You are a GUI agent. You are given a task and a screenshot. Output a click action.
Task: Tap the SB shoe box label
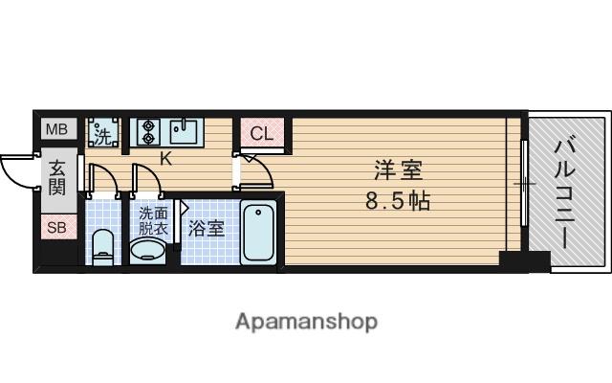tap(56, 228)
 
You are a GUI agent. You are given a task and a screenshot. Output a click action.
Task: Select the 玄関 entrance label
tap(57, 177)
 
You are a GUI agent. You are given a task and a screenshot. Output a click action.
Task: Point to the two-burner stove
tap(148, 130)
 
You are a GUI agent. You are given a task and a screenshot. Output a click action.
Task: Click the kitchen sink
tap(185, 130)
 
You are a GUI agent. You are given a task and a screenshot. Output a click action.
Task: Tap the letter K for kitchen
tap(165, 158)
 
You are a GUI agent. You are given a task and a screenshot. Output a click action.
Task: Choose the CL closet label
tap(262, 133)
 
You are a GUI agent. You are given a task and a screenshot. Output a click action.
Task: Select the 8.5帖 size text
tap(398, 201)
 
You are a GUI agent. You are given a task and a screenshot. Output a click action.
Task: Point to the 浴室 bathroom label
tap(206, 229)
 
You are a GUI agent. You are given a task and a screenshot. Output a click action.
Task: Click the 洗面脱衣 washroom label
tap(153, 221)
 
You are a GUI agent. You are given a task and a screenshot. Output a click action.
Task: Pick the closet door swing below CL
tap(255, 173)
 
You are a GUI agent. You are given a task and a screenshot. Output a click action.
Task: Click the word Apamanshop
tap(306, 321)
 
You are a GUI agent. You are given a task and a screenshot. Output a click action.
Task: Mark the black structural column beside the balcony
tap(523, 259)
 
